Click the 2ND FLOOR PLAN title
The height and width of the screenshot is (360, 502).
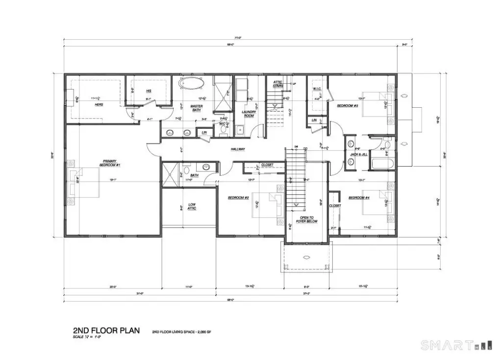click(105, 331)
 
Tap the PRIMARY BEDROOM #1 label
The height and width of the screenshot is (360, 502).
click(109, 164)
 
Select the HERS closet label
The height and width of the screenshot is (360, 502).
click(99, 104)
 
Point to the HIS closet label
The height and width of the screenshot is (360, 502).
click(149, 91)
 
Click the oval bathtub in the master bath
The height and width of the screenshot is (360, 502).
click(192, 83)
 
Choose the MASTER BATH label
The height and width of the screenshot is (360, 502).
click(197, 108)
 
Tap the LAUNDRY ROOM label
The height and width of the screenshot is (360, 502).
click(249, 114)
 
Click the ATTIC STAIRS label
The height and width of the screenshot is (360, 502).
click(278, 84)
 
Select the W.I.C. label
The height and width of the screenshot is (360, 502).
click(316, 89)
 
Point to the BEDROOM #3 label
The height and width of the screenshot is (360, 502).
click(348, 106)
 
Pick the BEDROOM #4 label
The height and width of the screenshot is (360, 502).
click(358, 197)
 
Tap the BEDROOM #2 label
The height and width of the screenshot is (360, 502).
click(239, 198)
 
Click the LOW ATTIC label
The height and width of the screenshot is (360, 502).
click(192, 206)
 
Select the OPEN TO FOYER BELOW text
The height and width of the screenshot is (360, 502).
click(309, 219)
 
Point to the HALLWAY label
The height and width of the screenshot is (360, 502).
click(238, 149)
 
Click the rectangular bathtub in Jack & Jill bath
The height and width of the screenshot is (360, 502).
click(382, 163)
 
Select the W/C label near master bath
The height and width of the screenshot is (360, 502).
click(222, 123)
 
